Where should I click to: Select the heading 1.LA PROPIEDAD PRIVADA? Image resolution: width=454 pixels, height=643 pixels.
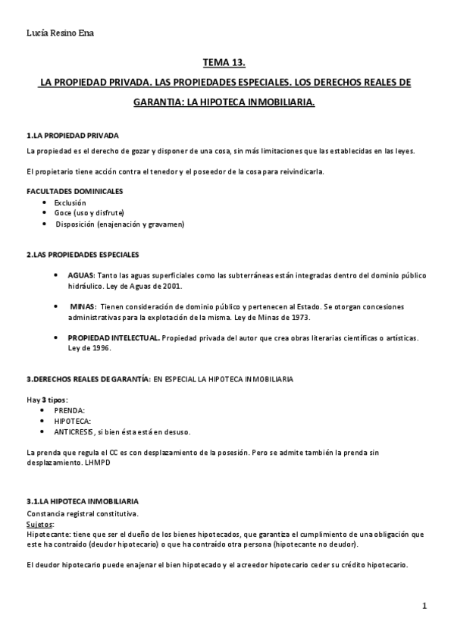(x=72, y=136)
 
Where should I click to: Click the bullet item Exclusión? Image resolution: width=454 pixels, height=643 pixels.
(x=70, y=202)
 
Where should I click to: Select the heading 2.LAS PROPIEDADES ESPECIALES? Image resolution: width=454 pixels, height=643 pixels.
(x=83, y=253)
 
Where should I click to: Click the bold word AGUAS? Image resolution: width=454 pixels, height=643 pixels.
(x=82, y=275)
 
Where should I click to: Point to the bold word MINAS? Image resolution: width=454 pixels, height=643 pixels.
(x=83, y=306)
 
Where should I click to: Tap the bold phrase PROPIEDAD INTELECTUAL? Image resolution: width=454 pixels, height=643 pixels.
(x=114, y=337)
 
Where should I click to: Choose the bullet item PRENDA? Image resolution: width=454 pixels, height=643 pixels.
(x=70, y=410)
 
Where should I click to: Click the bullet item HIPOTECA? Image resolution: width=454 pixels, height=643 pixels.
(x=73, y=421)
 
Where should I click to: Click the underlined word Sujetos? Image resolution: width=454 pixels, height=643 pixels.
(x=39, y=523)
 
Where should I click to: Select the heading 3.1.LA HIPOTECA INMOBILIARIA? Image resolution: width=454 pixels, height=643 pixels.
(x=82, y=502)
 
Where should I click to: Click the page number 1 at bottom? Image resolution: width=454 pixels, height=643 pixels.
(x=425, y=606)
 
